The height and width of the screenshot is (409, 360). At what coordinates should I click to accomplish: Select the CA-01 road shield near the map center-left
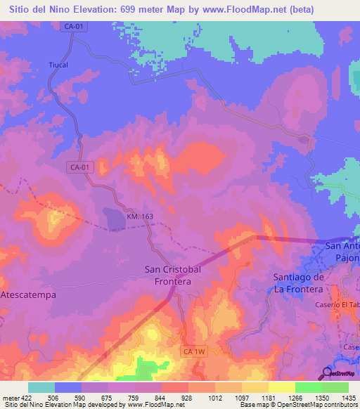pyautogui.click(x=80, y=167)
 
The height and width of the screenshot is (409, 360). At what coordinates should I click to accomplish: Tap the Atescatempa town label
pyautogui.click(x=28, y=294)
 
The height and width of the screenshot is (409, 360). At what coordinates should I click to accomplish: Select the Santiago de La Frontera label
pyautogui.click(x=297, y=283)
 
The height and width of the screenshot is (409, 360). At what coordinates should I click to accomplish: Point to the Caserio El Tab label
pyautogui.click(x=340, y=304)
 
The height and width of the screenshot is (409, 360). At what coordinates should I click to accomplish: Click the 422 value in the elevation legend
pyautogui.click(x=22, y=397)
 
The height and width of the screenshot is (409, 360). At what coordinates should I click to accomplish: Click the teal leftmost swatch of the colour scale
pyautogui.click(x=41, y=387)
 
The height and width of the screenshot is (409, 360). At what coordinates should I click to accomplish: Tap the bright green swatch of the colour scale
pyautogui.click(x=309, y=387)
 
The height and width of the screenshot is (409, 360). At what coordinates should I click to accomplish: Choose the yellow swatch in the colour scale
pyautogui.click(x=282, y=387)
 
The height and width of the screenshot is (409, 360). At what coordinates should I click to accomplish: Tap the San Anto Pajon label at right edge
pyautogui.click(x=342, y=252)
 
